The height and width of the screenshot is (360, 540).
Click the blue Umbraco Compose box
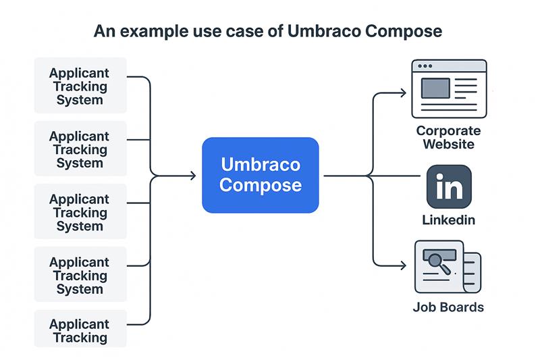(x=261, y=175)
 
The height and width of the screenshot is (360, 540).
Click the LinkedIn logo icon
(x=449, y=186)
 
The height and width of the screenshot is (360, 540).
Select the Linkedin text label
(x=448, y=220)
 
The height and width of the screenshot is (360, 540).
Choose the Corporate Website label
(x=448, y=137)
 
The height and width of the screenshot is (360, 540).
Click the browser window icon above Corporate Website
(x=449, y=88)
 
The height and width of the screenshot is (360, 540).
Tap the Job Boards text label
(x=448, y=307)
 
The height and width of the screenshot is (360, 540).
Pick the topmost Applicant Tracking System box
(x=80, y=86)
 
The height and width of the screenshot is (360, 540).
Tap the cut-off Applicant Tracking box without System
(x=80, y=330)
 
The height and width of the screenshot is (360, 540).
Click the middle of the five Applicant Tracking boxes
(x=80, y=212)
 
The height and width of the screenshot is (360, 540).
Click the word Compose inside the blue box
(x=261, y=185)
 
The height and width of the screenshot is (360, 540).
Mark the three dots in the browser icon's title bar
(x=425, y=66)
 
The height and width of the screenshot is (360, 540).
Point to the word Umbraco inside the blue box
(x=261, y=165)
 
